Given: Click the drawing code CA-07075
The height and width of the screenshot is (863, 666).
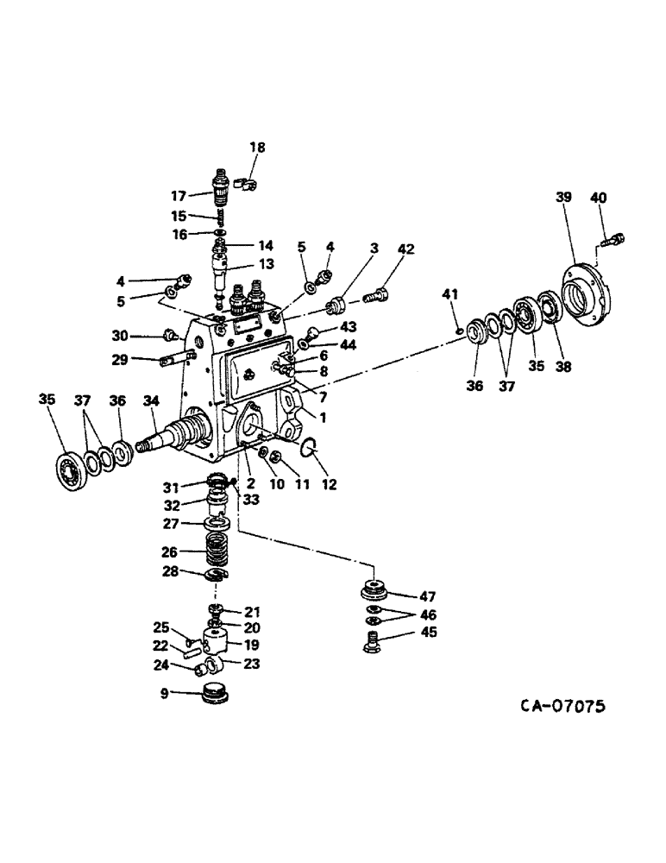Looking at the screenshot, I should (562, 706).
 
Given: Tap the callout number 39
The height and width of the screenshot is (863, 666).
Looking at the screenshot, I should (563, 198).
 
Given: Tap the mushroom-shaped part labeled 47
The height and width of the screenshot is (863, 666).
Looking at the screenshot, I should (373, 594).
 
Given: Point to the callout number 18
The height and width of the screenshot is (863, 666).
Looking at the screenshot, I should (258, 148).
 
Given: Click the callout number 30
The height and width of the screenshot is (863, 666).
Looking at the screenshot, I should (119, 336).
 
